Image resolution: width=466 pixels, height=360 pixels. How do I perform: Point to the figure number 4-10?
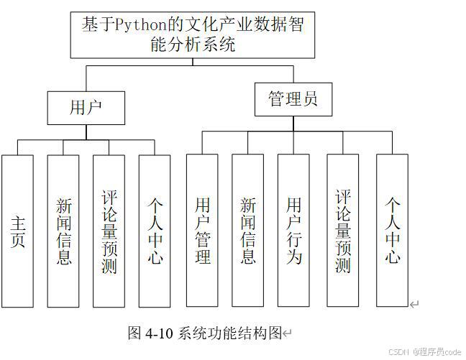point(159,333)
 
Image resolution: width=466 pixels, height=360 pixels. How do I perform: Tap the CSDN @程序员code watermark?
point(424,352)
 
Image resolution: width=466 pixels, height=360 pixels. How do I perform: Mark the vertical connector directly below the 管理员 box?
point(293,124)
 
